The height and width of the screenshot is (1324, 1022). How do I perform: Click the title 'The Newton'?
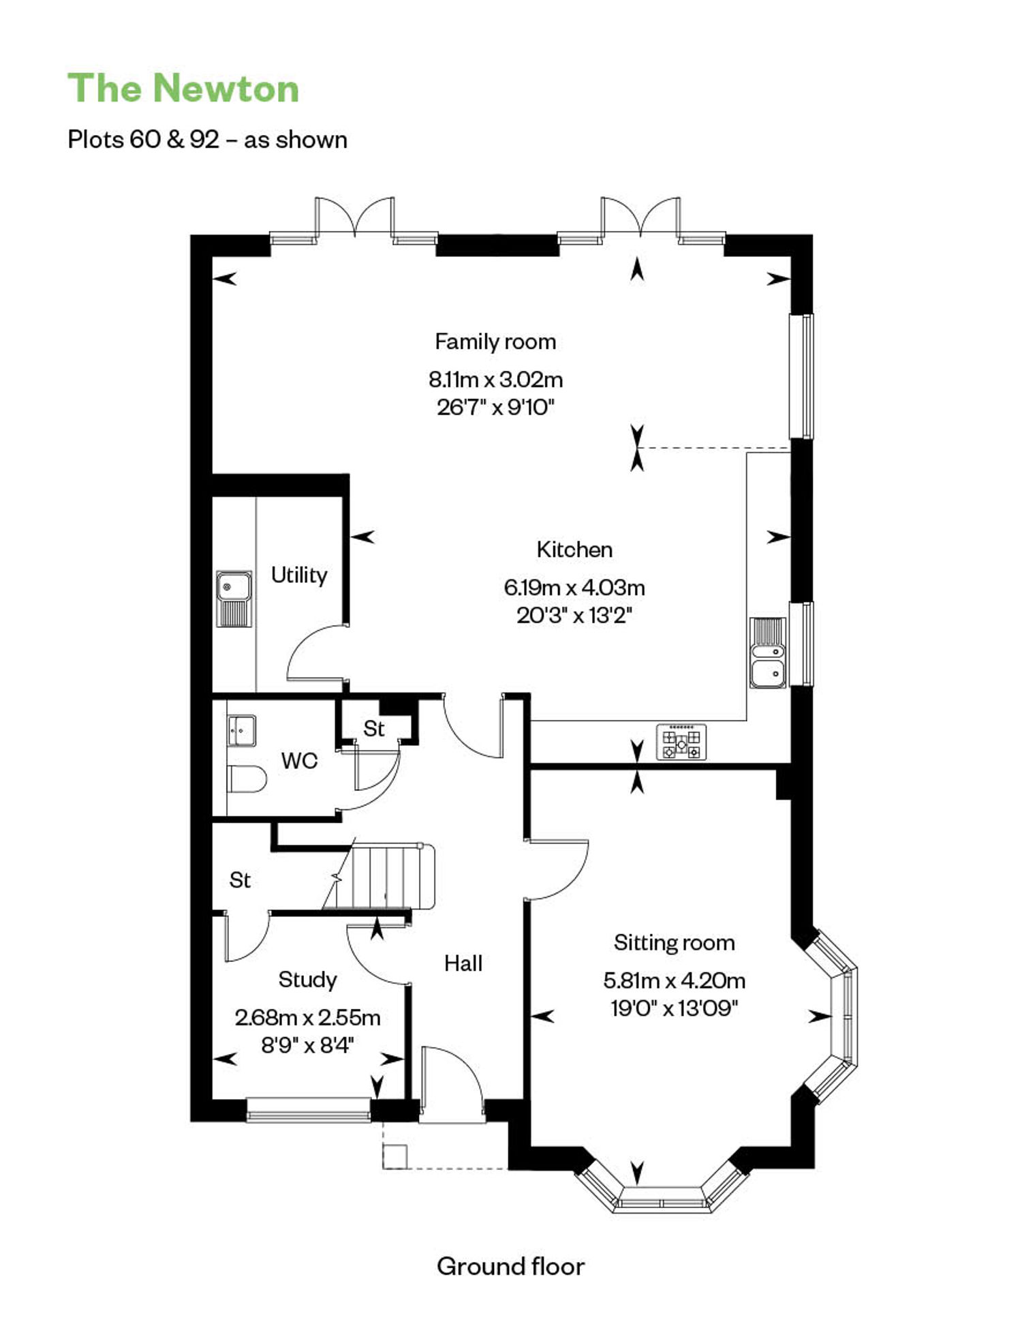click(x=183, y=89)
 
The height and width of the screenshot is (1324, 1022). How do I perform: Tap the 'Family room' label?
click(x=495, y=342)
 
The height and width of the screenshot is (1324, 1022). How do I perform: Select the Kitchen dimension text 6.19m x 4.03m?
click(x=574, y=587)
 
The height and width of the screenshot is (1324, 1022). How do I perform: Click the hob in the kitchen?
click(x=681, y=742)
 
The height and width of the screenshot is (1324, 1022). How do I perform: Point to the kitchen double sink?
click(x=768, y=652)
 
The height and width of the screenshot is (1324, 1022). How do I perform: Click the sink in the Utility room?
click(x=234, y=598)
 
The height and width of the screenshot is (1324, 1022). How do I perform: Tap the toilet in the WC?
click(x=246, y=779)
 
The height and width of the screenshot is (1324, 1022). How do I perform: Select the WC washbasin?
click(x=241, y=731)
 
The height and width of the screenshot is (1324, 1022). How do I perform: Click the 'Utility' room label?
click(x=299, y=575)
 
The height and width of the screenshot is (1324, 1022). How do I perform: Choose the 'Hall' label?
click(x=463, y=963)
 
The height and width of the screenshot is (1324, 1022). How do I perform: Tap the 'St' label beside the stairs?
click(x=240, y=880)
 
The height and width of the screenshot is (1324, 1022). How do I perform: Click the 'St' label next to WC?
click(x=374, y=729)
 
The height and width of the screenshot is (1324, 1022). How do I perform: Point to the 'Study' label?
click(x=307, y=980)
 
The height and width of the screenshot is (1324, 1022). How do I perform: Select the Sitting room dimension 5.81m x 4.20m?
click(x=674, y=980)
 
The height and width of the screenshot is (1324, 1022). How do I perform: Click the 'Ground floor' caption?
click(x=511, y=1267)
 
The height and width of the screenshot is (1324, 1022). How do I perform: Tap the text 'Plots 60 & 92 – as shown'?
click(x=208, y=140)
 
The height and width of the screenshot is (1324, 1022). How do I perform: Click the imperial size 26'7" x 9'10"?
click(x=495, y=408)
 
